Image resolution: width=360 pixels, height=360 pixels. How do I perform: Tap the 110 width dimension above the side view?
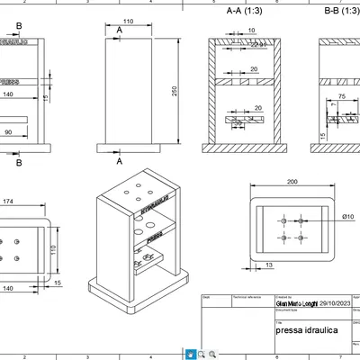coord(128,21)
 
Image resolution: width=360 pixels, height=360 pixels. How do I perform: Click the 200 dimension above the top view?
coord(292,182)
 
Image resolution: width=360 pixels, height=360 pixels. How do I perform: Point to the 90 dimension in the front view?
coord(8,132)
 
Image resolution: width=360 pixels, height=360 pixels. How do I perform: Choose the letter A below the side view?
coord(120,160)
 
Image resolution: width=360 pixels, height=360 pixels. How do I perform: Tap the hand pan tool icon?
coord(191,355)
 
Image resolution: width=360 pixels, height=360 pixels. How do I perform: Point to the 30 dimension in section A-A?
coord(236,123)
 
